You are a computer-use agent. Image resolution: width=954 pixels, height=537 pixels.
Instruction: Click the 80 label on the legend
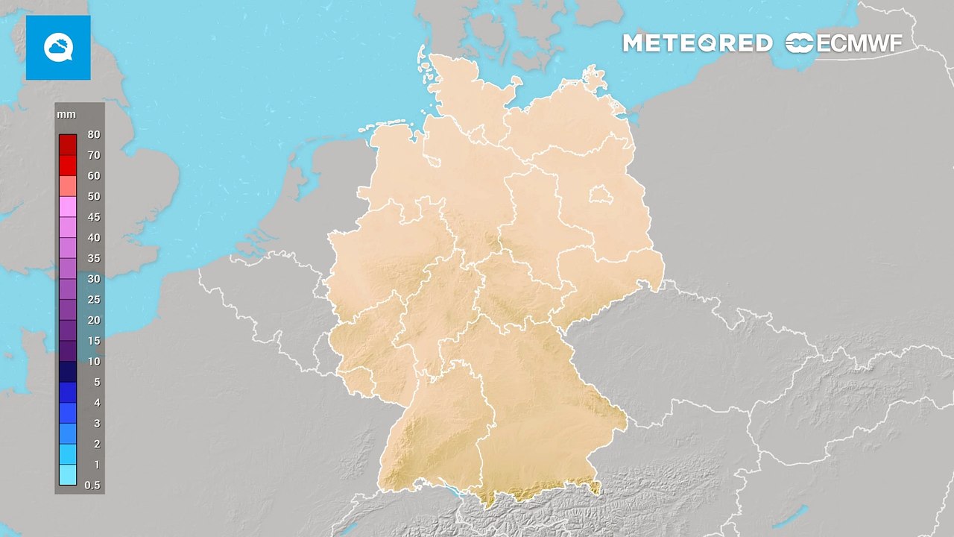(x=93, y=135)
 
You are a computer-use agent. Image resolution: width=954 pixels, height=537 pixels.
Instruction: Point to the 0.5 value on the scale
(x=93, y=485)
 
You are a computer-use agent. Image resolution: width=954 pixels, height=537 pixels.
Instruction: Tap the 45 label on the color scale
(x=93, y=217)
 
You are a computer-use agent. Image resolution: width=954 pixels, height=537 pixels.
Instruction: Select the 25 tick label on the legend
(x=93, y=300)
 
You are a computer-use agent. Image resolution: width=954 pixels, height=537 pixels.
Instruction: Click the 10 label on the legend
(x=93, y=361)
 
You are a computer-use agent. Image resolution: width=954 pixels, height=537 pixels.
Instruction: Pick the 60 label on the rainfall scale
(x=93, y=176)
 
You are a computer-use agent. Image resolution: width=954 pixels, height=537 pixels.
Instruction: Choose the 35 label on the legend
(x=93, y=258)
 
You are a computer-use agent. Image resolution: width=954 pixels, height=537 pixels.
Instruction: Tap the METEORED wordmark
(x=697, y=43)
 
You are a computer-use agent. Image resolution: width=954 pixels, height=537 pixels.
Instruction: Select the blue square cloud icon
(x=58, y=48)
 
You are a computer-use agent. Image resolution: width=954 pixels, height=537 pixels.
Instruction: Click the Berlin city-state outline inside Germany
(x=598, y=195)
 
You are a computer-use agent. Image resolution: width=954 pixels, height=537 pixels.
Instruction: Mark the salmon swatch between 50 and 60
(x=68, y=186)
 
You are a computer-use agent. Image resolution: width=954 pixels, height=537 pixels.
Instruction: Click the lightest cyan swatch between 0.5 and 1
(x=68, y=474)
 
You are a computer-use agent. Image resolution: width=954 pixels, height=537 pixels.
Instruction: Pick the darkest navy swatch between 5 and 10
(x=68, y=371)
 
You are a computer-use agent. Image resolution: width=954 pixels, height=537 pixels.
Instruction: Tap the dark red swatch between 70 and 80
(x=68, y=145)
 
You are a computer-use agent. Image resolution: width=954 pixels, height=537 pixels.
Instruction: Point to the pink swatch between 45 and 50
(x=68, y=207)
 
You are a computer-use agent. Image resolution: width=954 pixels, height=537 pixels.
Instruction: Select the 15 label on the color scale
(x=93, y=341)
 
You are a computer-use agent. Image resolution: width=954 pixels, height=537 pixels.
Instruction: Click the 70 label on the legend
(x=93, y=155)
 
